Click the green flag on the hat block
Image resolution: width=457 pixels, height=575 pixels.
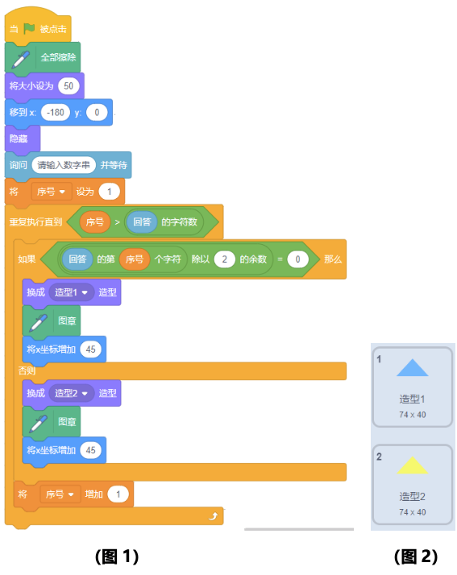coord(29,28)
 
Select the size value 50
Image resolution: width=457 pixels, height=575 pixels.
coord(69,86)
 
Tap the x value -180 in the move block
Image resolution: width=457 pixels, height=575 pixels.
coord(56,112)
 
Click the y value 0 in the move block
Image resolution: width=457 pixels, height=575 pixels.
coord(97,112)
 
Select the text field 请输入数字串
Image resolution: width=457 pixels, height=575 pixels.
coord(64,165)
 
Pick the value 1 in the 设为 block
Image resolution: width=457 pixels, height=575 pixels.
coord(110,192)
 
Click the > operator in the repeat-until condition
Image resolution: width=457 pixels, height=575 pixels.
coord(117,221)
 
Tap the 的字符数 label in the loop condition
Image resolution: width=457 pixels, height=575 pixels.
coord(180,221)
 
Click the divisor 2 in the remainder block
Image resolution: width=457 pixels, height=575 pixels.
coord(225,259)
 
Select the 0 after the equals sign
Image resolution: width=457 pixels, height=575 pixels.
coord(297,259)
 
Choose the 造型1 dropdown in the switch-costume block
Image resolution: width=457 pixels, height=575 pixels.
coord(71,292)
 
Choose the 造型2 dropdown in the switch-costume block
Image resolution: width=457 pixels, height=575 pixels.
coord(71,393)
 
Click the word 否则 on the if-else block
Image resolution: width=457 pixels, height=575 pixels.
coord(27,370)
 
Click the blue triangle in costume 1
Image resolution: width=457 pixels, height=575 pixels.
coord(412,368)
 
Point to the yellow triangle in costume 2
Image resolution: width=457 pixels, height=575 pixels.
coord(412,465)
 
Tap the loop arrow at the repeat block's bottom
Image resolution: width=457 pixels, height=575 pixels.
coord(214,516)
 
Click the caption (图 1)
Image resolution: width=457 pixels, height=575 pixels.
coord(117,556)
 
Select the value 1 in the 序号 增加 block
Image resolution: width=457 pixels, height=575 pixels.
coord(118,494)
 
